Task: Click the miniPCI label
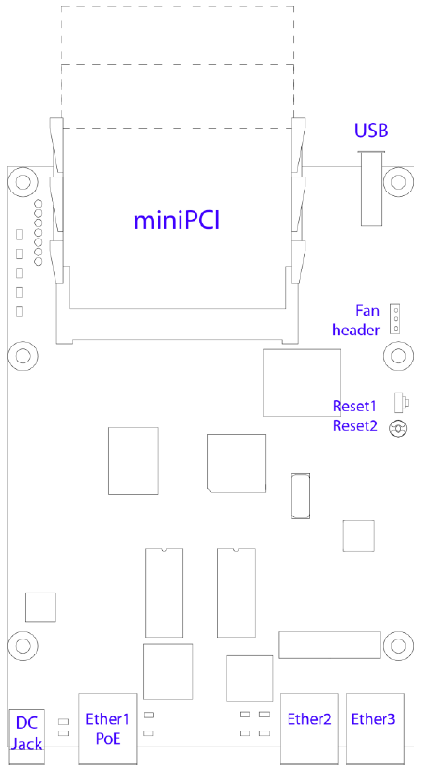pos(177,221)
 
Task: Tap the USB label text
pos(371,131)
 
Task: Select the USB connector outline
pos(371,189)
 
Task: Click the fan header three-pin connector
pos(395,318)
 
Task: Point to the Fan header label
pos(356,320)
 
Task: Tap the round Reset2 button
pos(398,429)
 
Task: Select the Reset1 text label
pos(354,406)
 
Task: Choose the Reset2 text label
pos(354,425)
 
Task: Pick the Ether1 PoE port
pos(107,730)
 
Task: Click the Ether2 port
pos(309,730)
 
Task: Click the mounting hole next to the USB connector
pos(398,181)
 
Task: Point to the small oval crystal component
pos(301,496)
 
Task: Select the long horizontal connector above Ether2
pos(330,645)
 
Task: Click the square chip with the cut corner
pos(236,463)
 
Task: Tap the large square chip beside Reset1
pos(302,382)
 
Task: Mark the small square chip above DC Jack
pos(40,607)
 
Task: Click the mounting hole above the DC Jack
pos(23,645)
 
